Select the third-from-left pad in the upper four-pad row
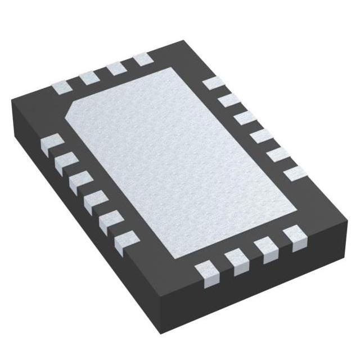click(116, 67)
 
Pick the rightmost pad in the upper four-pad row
click(141, 58)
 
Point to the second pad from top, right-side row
click(228, 101)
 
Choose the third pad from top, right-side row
click(244, 118)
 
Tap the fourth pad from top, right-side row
click(260, 136)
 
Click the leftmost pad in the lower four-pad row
click(206, 272)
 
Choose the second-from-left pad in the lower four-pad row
click(236, 260)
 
